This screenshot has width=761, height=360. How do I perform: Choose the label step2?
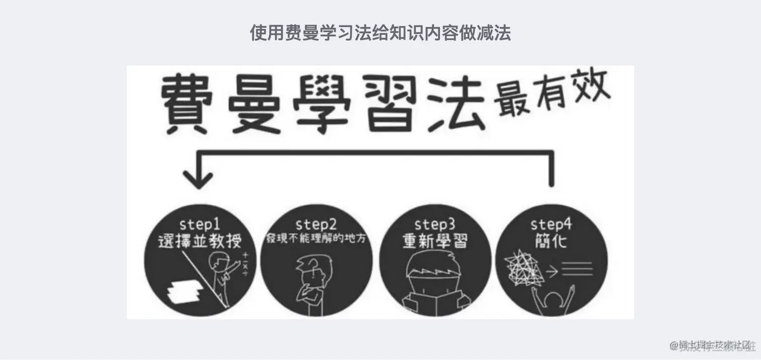[316, 224]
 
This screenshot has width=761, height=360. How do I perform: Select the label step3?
[434, 224]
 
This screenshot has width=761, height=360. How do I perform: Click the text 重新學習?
[434, 242]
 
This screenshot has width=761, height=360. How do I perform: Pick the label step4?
[552, 224]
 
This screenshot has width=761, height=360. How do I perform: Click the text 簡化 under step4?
[552, 242]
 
